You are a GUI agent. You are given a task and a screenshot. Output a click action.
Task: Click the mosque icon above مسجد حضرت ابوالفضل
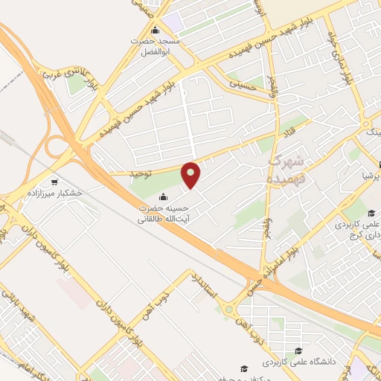tap(156, 31)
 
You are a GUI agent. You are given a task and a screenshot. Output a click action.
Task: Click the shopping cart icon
tap(54, 181)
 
